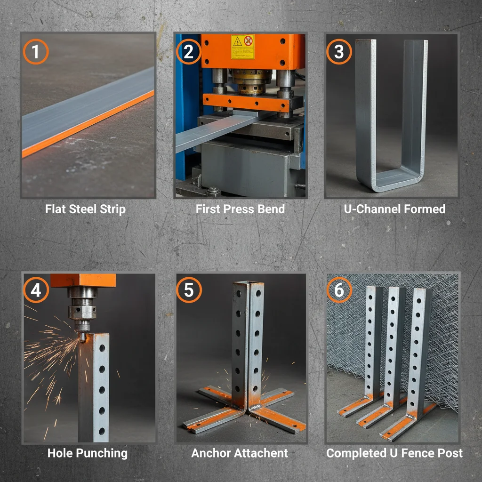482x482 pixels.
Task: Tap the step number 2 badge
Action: pyautogui.click(x=188, y=52)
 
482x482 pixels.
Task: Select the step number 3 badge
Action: pyautogui.click(x=338, y=52)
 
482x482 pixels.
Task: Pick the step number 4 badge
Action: pyautogui.click(x=36, y=290)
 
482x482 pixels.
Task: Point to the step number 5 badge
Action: pyautogui.click(x=188, y=290)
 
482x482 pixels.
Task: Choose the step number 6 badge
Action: pyautogui.click(x=338, y=290)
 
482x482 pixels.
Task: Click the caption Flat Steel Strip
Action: pyautogui.click(x=85, y=209)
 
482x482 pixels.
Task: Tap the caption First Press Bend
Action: pyautogui.click(x=240, y=209)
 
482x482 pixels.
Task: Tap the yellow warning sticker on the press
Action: pyautogui.click(x=242, y=47)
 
